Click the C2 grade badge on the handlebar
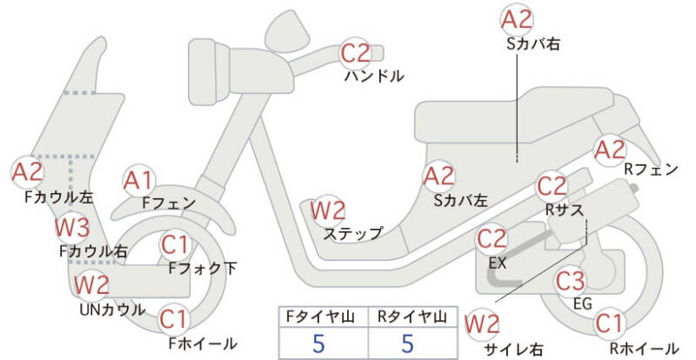tap(356, 53)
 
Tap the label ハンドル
tap(374, 77)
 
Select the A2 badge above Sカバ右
tap(517, 20)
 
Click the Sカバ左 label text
tap(461, 201)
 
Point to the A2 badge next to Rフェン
tap(611, 150)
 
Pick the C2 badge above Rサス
tap(552, 186)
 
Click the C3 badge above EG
tap(571, 281)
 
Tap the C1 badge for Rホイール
tap(610, 323)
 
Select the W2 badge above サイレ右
tap(482, 324)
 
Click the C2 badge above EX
tap(492, 239)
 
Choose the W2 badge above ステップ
tap(328, 210)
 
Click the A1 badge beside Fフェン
tap(139, 181)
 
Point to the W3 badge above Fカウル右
tap(72, 228)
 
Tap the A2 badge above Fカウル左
tap(28, 172)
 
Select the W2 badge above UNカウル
tap(91, 284)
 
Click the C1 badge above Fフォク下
tap(175, 244)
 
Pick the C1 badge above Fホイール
tap(175, 319)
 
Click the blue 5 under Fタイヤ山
tap(318, 344)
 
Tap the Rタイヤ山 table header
tap(412, 317)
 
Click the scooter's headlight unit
tap(208, 71)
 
